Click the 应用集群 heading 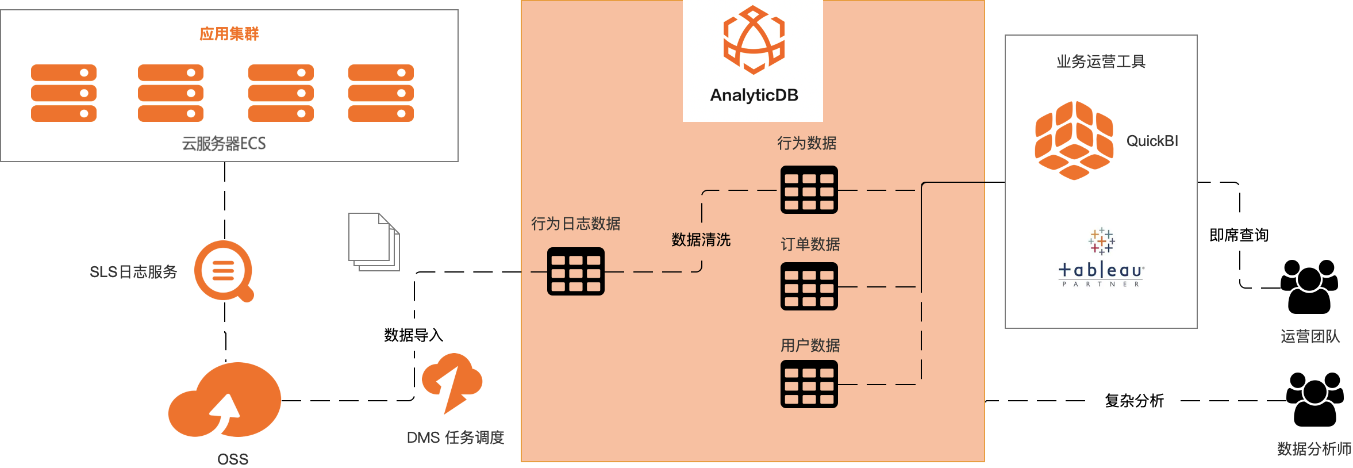coord(229,34)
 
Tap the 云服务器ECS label coord(224,143)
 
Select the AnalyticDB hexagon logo coord(754,40)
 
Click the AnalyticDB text coord(754,95)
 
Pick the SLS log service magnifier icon coord(224,270)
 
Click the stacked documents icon coord(374,242)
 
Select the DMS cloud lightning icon coord(452,382)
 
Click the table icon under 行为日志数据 coord(575,271)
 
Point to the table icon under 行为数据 coord(809,190)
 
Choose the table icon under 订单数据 coord(809,286)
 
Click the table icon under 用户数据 coord(809,384)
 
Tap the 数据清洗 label coord(701,240)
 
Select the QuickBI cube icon coord(1073,140)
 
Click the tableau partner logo coord(1101,254)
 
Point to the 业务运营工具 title coord(1101,62)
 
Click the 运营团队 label coord(1310,336)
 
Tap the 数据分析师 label coord(1313,448)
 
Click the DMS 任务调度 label coord(455,438)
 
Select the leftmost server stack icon coord(64,93)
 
